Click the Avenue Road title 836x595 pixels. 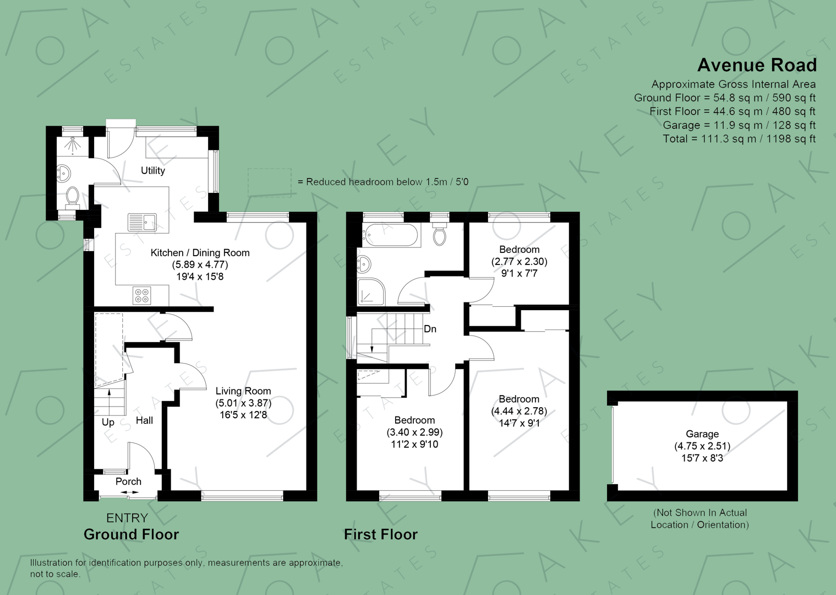tap(757, 65)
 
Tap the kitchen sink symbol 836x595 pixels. tap(142, 223)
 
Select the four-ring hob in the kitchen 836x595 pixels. tap(142, 296)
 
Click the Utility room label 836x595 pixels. tap(152, 171)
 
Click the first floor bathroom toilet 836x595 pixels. tap(439, 235)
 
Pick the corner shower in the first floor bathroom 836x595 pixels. tap(371, 292)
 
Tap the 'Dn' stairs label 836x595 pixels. tap(430, 329)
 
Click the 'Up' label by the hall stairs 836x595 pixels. tap(108, 422)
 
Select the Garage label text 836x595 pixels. tap(702, 434)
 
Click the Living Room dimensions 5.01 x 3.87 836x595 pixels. tap(243, 403)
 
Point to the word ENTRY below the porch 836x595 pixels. tap(127, 518)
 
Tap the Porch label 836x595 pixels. tap(128, 482)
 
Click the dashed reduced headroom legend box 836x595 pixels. tap(269, 182)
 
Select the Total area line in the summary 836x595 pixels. tap(739, 139)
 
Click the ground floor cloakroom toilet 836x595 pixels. tap(72, 197)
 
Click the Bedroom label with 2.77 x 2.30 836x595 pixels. tap(519, 250)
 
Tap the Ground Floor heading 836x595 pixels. tap(131, 534)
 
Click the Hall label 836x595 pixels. tap(144, 420)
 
